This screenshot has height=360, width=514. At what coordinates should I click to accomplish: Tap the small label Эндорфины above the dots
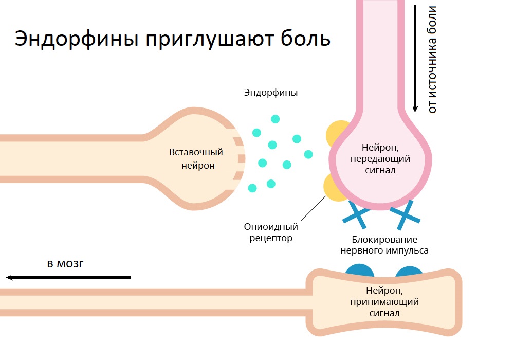tap(271, 93)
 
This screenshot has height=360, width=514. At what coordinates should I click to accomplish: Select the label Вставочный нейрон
tap(196, 159)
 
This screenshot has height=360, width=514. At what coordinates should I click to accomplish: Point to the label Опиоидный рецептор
tap(271, 232)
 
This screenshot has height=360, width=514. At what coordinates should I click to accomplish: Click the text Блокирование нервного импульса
tap(384, 245)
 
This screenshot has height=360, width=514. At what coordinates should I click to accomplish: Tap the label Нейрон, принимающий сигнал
tap(384, 301)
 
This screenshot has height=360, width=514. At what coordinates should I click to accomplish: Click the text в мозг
tap(65, 264)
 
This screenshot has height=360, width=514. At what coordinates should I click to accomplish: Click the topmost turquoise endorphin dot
tap(276, 119)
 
